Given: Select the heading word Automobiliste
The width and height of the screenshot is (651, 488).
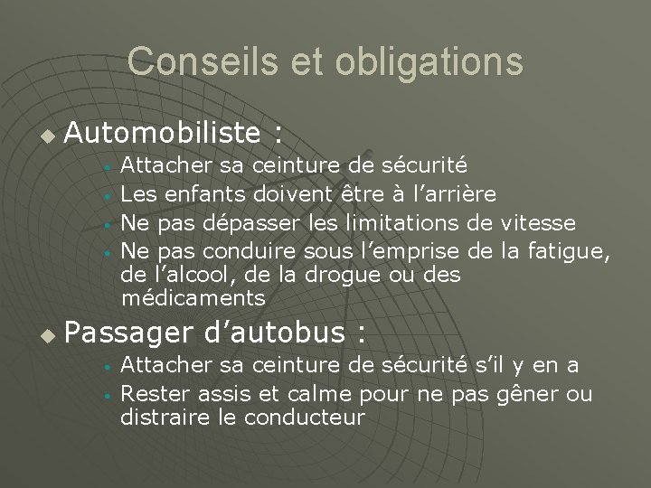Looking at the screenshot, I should coord(163,136).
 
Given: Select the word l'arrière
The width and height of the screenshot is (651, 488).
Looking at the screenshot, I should coord(449,192).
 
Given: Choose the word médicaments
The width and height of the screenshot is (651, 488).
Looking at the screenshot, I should coord(193,298).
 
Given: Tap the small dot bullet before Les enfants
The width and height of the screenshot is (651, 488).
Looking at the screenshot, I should coord(107,194).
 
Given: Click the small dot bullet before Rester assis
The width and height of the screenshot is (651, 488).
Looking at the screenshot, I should coord(107,395).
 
